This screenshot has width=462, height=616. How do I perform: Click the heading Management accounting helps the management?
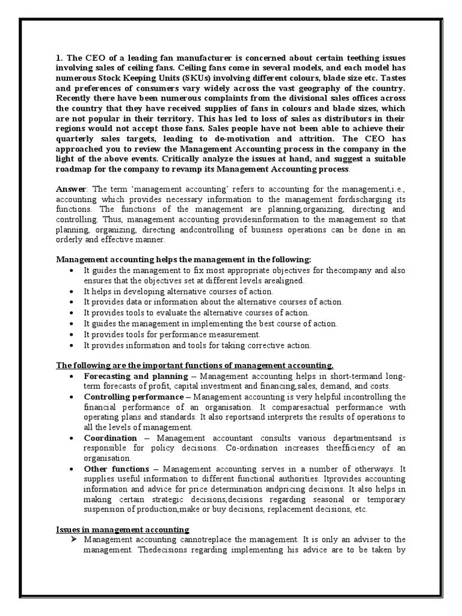[183, 260]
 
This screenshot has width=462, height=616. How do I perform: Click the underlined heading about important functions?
[195, 365]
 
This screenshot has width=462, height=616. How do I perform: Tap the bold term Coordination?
[110, 438]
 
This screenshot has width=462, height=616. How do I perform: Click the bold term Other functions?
[117, 469]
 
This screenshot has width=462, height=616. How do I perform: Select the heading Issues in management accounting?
[123, 529]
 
